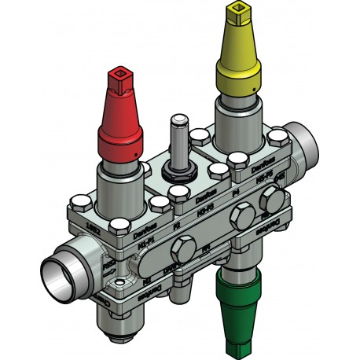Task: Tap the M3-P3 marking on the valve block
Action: pyautogui.click(x=207, y=209)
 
